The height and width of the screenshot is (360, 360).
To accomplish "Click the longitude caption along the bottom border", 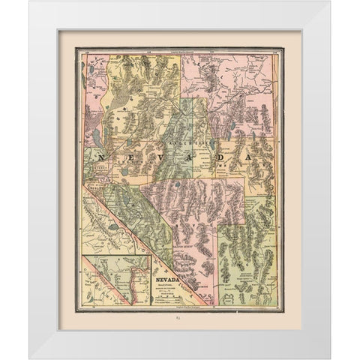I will (180, 309).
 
